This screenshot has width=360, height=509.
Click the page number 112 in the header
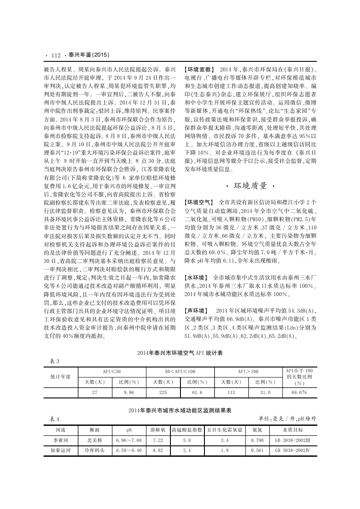click(55, 55)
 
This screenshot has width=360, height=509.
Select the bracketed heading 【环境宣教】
click(198, 70)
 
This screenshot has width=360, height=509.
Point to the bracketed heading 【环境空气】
click(198, 202)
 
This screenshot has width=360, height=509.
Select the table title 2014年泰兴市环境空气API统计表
click(180, 354)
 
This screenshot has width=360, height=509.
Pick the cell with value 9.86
click(129, 392)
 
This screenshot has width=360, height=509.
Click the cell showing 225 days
click(163, 392)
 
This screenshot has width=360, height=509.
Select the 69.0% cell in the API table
click(299, 392)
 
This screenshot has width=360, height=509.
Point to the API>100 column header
click(248, 371)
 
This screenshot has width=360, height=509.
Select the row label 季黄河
click(60, 440)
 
